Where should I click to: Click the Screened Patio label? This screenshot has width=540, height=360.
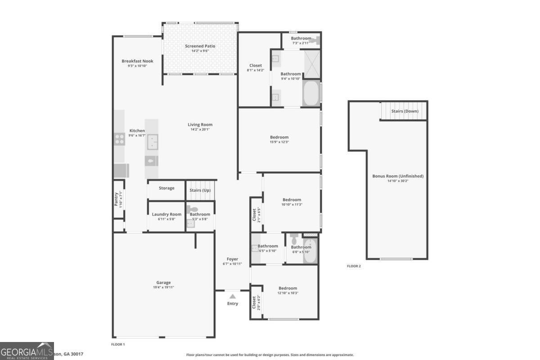(x=200, y=46)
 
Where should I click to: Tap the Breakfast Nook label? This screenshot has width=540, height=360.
(x=137, y=61)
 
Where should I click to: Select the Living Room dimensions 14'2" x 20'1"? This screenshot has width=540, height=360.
(x=200, y=129)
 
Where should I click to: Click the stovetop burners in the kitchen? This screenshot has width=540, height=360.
(x=119, y=139)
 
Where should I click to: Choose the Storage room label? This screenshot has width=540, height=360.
(x=166, y=188)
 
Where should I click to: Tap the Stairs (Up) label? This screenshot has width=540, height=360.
(x=200, y=190)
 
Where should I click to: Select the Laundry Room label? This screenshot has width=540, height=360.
(x=166, y=214)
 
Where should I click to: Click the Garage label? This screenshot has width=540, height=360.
(x=163, y=283)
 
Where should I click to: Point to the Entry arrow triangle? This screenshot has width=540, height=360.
(x=232, y=296)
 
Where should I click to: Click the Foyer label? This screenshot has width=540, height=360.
(x=232, y=259)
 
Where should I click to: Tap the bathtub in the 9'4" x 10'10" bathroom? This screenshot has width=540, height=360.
(x=311, y=94)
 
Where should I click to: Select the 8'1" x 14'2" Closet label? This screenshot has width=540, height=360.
(x=255, y=66)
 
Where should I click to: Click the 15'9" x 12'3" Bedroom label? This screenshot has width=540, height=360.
(x=279, y=137)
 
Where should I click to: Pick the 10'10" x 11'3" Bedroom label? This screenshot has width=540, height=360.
(x=292, y=200)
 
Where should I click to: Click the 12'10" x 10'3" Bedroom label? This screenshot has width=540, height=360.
(x=288, y=288)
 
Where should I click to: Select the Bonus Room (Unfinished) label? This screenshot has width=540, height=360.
(x=397, y=176)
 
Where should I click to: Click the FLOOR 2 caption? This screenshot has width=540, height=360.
(x=354, y=266)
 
